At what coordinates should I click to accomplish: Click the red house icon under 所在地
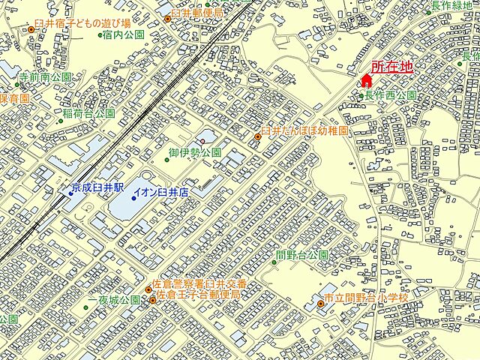(x=367, y=80)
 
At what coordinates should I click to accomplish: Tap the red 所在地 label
(x=391, y=67)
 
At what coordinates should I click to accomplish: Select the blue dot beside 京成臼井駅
(x=70, y=193)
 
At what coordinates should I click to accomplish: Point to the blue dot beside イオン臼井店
(x=133, y=198)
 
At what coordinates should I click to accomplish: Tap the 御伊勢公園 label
(x=194, y=152)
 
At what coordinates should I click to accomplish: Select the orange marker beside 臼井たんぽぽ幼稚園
(x=259, y=136)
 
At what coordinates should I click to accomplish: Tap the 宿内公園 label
(x=124, y=34)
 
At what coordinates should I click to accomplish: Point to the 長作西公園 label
(x=390, y=95)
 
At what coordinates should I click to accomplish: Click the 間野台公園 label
(x=302, y=255)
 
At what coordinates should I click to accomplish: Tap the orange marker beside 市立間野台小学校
(x=319, y=303)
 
